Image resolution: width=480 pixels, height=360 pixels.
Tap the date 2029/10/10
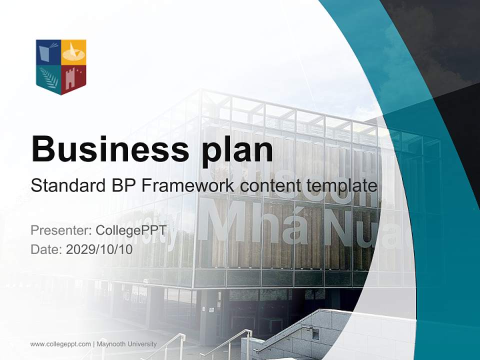[99, 249]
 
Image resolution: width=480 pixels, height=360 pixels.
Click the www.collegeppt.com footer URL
[60, 344]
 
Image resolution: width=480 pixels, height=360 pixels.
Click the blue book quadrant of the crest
[48, 52]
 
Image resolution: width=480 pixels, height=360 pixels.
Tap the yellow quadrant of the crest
[73, 52]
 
